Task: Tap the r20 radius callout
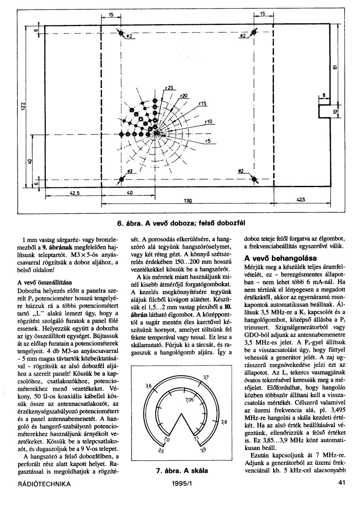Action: coord(184,96)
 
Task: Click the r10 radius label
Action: coord(209,121)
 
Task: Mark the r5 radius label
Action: coord(209,140)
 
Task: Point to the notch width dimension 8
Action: coord(324,95)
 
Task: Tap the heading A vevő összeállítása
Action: coord(44,282)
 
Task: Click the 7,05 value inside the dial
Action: coord(189,400)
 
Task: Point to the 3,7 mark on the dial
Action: coord(206,378)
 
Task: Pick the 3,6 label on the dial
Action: coord(148,386)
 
